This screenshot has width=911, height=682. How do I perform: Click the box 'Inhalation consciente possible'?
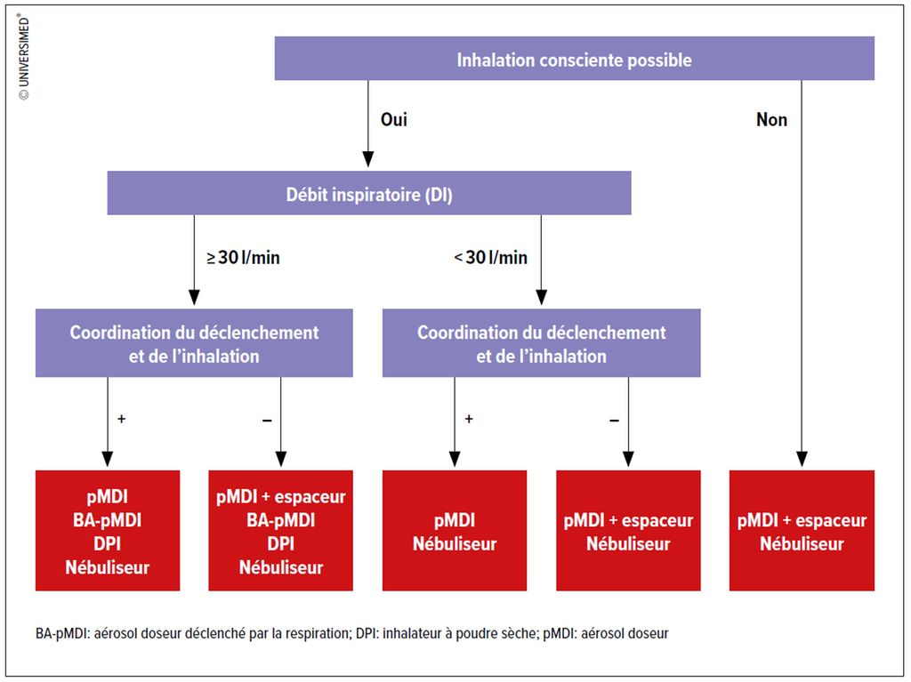[x=574, y=58]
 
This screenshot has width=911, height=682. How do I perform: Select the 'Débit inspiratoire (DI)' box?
[x=369, y=193]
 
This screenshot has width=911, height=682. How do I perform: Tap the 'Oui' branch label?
[x=394, y=120]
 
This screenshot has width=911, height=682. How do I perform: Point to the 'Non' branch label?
[x=771, y=120]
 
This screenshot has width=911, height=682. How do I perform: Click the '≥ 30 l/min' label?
[x=244, y=257]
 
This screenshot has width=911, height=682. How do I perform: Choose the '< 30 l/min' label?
[x=491, y=257]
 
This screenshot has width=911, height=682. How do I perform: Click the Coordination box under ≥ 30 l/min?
[x=194, y=342]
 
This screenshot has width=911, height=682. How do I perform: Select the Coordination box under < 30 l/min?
[x=542, y=342]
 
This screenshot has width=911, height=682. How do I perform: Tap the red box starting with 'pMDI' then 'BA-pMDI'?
[x=108, y=530]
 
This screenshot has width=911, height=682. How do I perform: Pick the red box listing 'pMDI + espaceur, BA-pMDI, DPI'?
[x=280, y=530]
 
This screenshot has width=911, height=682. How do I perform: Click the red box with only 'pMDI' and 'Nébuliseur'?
[x=455, y=530]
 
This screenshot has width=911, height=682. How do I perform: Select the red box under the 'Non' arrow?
[x=802, y=530]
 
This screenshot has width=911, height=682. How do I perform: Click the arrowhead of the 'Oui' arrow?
[x=367, y=160]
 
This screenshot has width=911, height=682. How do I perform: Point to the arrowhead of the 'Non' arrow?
[x=802, y=459]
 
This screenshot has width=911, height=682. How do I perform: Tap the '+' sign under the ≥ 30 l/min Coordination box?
[x=121, y=418]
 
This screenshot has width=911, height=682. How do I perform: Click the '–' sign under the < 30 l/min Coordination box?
[x=614, y=420]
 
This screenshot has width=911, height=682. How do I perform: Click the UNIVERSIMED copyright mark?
[x=24, y=56]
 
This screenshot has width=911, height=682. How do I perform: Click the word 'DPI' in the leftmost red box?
[x=108, y=543]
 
